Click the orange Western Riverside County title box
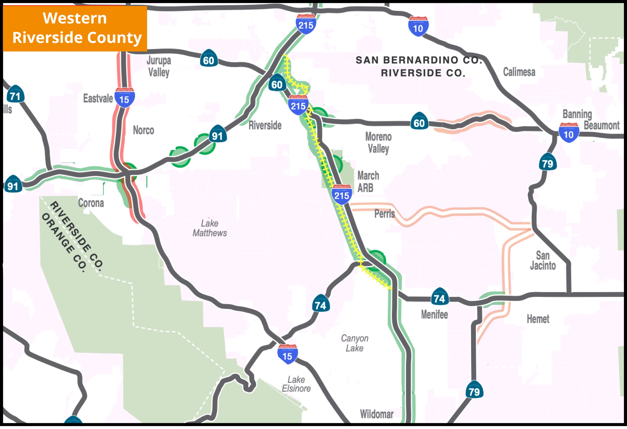pyautogui.click(x=75, y=28)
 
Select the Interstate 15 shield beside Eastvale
pyautogui.click(x=124, y=98)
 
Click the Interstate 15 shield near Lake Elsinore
pyautogui.click(x=287, y=354)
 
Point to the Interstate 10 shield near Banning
pyautogui.click(x=569, y=133)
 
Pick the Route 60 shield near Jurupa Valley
pyautogui.click(x=209, y=59)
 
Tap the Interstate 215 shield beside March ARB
pyautogui.click(x=342, y=194)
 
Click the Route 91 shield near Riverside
pyautogui.click(x=217, y=135)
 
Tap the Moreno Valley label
pyautogui.click(x=378, y=143)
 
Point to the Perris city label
pyautogui.click(x=385, y=214)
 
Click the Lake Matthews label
pyautogui.click(x=210, y=228)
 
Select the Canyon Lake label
pyautogui.click(x=355, y=343)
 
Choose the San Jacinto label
pyautogui.click(x=543, y=261)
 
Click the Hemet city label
pyautogui.click(x=538, y=319)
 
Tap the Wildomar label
pyautogui.click(x=376, y=414)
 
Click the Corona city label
pyautogui.click(x=91, y=203)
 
